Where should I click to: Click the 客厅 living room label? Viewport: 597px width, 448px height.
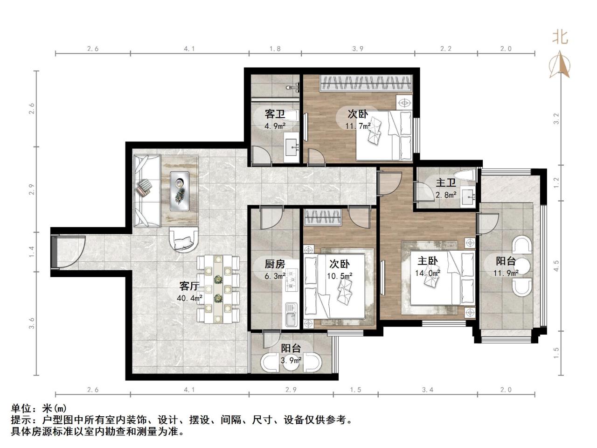coord(189,286)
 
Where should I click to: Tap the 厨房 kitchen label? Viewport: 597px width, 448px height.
coord(275,264)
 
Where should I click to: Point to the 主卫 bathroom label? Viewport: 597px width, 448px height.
coord(446,182)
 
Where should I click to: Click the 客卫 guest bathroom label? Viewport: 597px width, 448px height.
coord(275,114)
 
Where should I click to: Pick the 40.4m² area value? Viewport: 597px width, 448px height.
coord(189,298)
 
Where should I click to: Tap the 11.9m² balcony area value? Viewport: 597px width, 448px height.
coord(506,273)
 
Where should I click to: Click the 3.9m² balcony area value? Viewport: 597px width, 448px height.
coord(291,361)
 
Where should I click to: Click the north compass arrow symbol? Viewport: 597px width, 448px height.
coord(560,65)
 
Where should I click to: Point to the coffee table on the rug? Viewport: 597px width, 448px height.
coord(180,191)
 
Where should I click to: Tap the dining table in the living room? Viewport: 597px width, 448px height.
coord(218,289)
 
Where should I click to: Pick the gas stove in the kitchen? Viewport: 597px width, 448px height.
coord(292,279)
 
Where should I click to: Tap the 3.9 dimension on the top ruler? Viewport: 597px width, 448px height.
coord(358,49)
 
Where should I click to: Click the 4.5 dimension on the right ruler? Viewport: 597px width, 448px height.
coord(556,266)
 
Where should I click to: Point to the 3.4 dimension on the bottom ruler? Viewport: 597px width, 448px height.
coord(428,390)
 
